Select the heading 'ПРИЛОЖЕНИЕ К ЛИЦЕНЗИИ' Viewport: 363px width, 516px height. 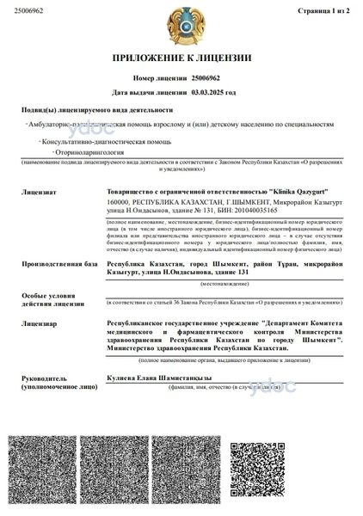(181, 58)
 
